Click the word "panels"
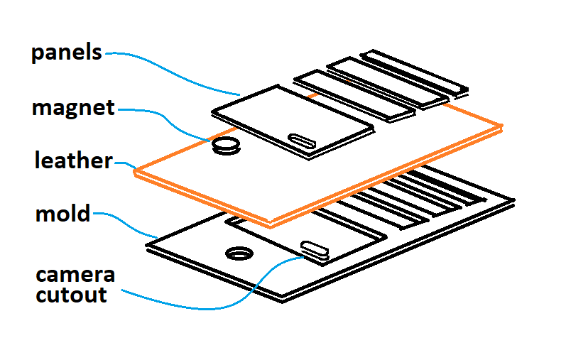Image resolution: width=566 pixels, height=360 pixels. click(x=67, y=53)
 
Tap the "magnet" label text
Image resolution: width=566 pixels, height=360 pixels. click(x=73, y=108)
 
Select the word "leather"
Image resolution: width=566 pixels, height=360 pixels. click(x=74, y=160)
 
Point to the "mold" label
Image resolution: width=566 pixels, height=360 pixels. click(x=63, y=212)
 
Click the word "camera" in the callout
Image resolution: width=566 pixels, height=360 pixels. click(x=75, y=275)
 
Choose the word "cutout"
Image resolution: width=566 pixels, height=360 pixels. click(x=72, y=294)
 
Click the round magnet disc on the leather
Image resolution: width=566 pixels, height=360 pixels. click(x=227, y=146)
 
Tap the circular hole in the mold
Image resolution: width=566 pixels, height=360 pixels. click(x=238, y=253)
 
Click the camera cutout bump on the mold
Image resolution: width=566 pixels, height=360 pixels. click(x=314, y=248)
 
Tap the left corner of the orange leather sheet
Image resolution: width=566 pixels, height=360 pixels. click(x=137, y=171)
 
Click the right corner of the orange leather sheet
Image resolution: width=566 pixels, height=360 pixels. click(x=501, y=128)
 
